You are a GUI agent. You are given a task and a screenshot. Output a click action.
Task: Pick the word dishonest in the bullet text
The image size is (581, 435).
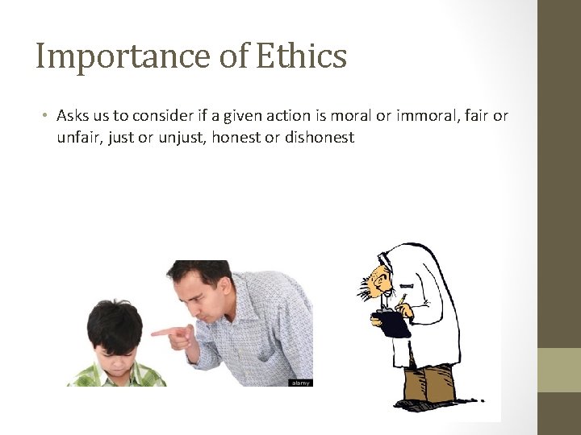coord(320,138)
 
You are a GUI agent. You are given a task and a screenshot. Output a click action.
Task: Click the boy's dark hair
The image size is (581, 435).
coord(115,322)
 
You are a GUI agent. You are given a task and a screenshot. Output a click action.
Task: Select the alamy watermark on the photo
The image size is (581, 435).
coord(299,383)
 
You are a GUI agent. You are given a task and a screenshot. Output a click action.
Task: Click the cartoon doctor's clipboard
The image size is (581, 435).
coord(395,324)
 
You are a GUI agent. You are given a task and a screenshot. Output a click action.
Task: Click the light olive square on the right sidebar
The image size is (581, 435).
coord(559,370)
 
